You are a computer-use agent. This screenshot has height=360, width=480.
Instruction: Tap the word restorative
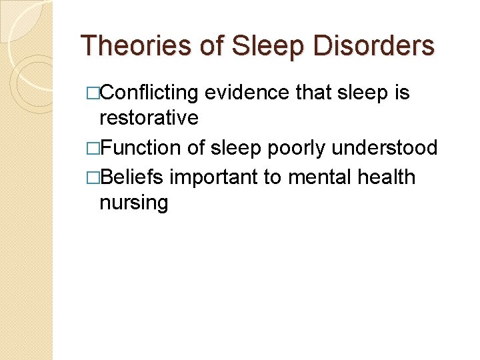[149, 118]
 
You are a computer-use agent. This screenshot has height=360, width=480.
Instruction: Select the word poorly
[283, 148]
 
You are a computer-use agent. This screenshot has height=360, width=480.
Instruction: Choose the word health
[387, 177]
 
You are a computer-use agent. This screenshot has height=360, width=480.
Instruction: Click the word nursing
[133, 203]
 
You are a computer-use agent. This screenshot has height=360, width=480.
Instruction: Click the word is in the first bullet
[402, 93]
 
